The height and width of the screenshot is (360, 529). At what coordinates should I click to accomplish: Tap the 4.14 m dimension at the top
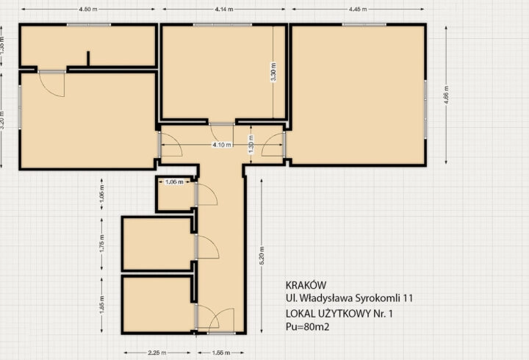pos(224,10)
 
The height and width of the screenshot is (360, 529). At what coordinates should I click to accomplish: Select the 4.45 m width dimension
pos(359,10)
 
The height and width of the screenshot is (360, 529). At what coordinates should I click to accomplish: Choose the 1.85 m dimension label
pos(102,303)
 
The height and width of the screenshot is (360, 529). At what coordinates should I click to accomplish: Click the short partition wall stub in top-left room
pos(88,59)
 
